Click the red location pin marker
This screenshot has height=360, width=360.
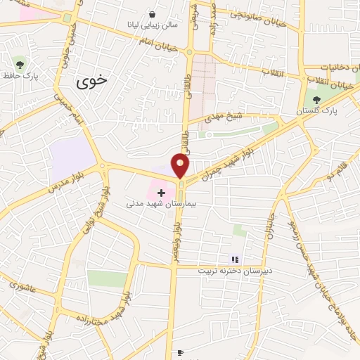coord(181,166)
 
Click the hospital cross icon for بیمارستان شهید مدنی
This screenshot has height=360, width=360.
coord(161,192)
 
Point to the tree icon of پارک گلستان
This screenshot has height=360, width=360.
coord(315,101)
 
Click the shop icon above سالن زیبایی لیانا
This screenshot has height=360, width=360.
coord(153,14)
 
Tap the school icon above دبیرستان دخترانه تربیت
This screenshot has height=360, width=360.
coord(235,259)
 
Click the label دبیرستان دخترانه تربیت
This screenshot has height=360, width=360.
coord(243,271)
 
